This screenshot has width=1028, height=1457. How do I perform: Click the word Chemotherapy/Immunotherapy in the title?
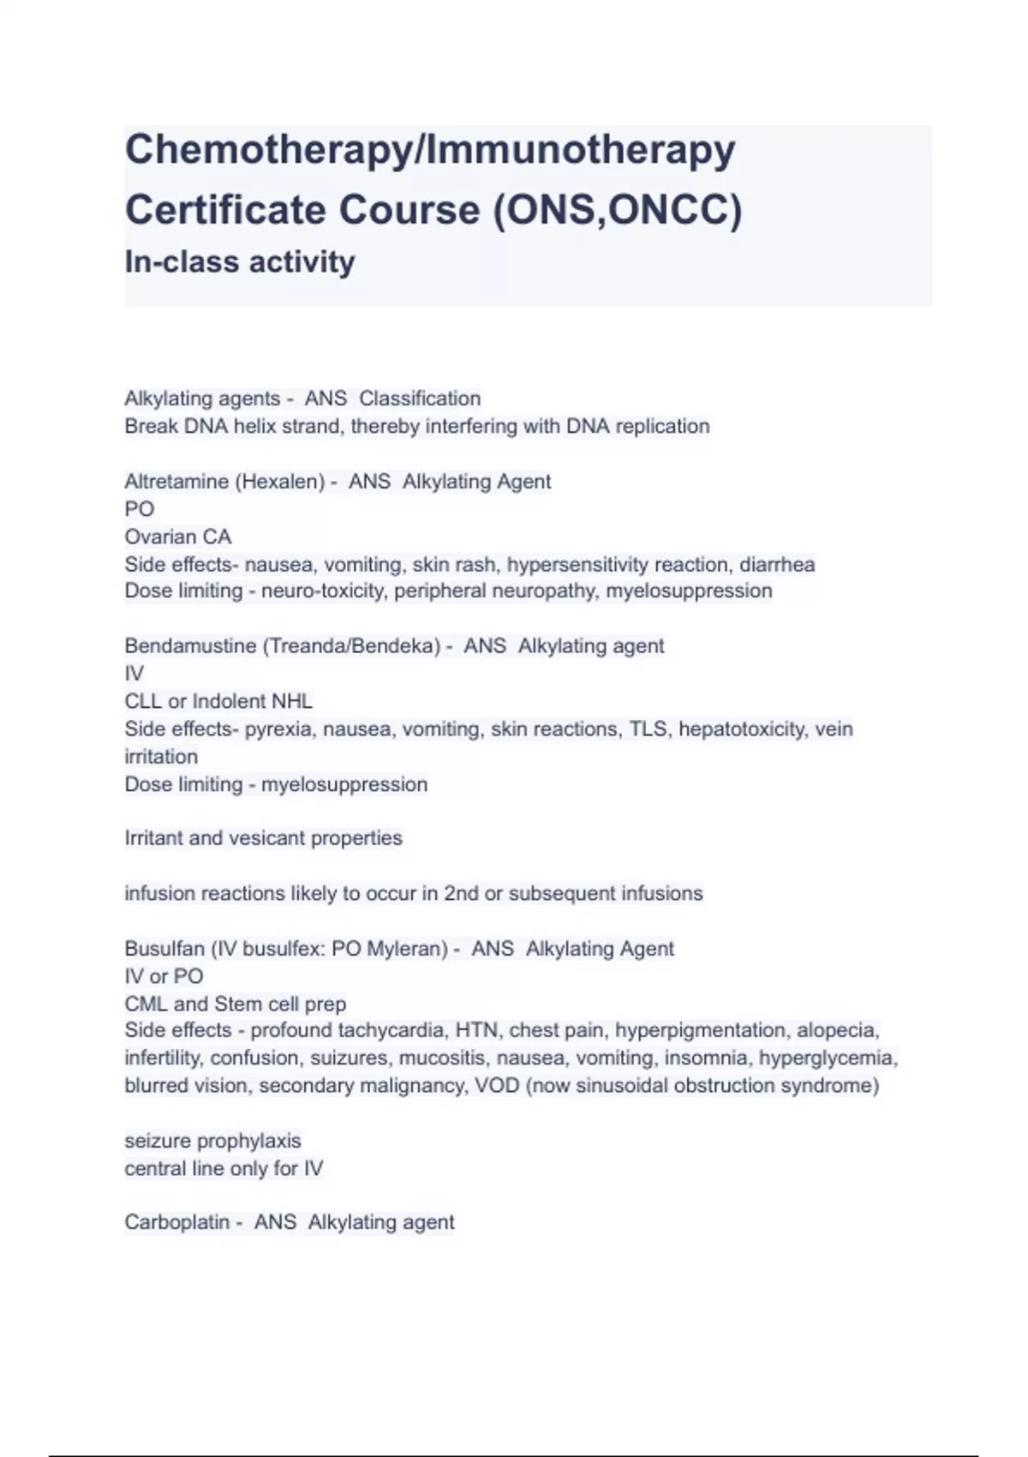(430, 150)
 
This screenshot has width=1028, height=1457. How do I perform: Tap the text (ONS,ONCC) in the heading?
(617, 210)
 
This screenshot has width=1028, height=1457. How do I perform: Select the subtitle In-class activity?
(240, 261)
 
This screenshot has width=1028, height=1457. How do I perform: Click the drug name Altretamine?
(176, 482)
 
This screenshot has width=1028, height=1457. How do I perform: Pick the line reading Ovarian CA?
(178, 537)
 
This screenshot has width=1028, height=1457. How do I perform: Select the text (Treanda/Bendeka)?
(353, 646)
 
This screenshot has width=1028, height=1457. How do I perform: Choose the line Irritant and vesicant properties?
(263, 838)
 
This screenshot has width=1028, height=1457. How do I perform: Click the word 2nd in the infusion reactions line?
(461, 893)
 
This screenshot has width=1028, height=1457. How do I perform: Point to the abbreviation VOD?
(497, 1086)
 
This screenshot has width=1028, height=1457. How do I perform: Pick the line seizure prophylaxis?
(212, 1141)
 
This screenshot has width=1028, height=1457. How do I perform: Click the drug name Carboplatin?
(176, 1222)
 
